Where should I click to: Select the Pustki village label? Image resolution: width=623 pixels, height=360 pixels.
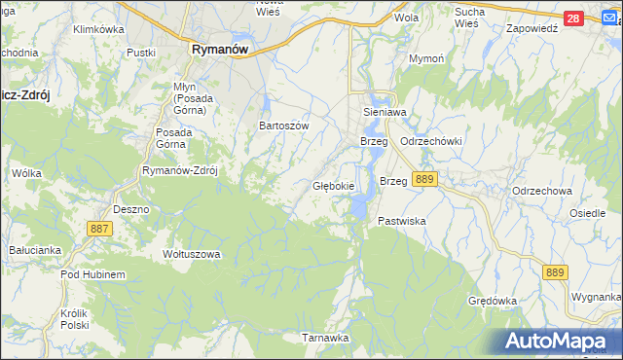point(141,52)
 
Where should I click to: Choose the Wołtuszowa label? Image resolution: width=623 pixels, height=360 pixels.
point(192,254)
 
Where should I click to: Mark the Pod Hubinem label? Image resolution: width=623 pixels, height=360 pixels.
point(92,275)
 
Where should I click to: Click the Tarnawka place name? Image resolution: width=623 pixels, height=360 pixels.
point(324,338)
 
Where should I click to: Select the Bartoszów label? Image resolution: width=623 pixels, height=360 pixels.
point(283,126)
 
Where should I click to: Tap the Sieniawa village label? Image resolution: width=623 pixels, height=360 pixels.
point(383,112)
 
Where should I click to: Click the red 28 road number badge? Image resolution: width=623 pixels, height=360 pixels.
point(573,18)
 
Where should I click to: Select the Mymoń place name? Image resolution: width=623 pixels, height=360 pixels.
point(425,59)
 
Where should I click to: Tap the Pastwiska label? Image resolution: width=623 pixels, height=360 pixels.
point(402,222)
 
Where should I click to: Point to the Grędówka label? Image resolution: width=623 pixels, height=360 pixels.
point(492,301)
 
